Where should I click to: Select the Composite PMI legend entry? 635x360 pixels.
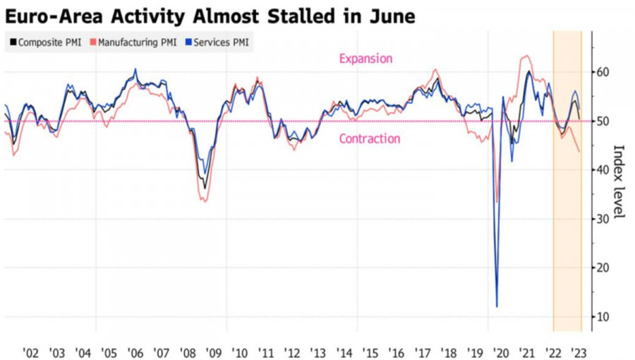[x=47, y=42]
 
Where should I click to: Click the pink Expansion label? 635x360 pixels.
[x=365, y=59]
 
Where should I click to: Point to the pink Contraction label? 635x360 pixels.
[x=369, y=139]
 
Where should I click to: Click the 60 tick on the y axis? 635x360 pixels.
[x=602, y=72]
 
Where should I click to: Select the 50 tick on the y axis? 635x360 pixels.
[x=602, y=121]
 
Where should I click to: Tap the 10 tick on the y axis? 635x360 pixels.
[x=602, y=316]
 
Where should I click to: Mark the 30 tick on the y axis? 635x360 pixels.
[x=602, y=219]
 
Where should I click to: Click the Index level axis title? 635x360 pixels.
[x=619, y=181]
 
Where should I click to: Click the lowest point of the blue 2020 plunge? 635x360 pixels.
[x=497, y=306]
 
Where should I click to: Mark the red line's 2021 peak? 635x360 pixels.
[x=526, y=56]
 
